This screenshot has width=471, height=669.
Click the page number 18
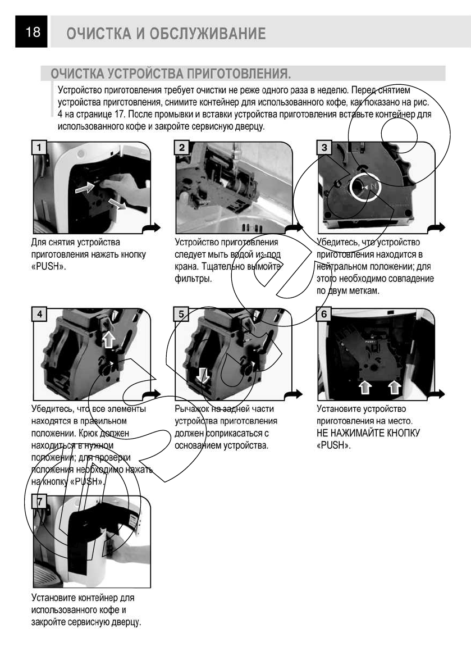(33, 31)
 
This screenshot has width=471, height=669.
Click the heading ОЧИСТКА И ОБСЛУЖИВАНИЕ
(166, 33)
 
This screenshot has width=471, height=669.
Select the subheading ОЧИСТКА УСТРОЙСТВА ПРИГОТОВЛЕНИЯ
(171, 74)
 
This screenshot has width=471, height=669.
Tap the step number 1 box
(39, 148)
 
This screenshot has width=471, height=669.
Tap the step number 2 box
(182, 148)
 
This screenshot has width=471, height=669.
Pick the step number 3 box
(324, 148)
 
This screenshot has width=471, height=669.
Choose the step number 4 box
(39, 314)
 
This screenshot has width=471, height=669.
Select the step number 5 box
(181, 314)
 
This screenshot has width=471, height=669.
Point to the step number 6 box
(324, 314)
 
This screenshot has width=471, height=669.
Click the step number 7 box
(39, 501)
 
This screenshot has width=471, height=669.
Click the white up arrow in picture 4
(109, 339)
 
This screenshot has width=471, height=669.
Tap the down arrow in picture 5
(203, 375)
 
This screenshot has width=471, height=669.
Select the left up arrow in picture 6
(365, 387)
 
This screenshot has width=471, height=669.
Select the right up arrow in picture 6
(395, 387)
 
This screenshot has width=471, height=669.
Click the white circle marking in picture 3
(362, 187)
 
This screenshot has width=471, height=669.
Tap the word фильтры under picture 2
(193, 279)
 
